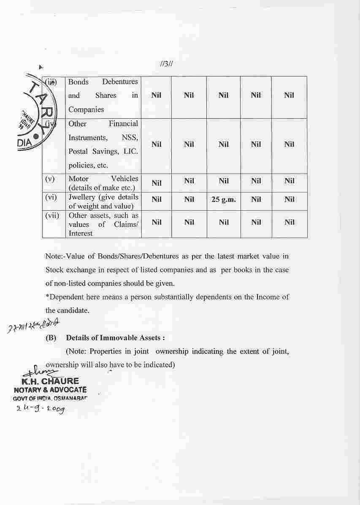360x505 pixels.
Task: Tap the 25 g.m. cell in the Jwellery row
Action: (x=223, y=199)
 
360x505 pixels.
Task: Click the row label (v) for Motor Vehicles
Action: (x=50, y=179)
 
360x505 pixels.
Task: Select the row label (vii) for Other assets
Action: (x=52, y=215)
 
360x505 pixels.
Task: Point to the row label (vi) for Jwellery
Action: (x=51, y=197)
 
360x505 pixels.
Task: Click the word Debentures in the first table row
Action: (x=120, y=81)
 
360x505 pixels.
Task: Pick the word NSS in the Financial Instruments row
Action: (x=130, y=138)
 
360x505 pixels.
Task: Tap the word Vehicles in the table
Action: (x=125, y=179)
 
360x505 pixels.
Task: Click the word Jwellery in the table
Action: (x=82, y=197)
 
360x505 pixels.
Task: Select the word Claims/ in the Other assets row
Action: (x=126, y=224)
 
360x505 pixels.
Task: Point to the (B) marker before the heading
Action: (x=51, y=338)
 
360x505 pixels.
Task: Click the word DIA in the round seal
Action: (x=24, y=142)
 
